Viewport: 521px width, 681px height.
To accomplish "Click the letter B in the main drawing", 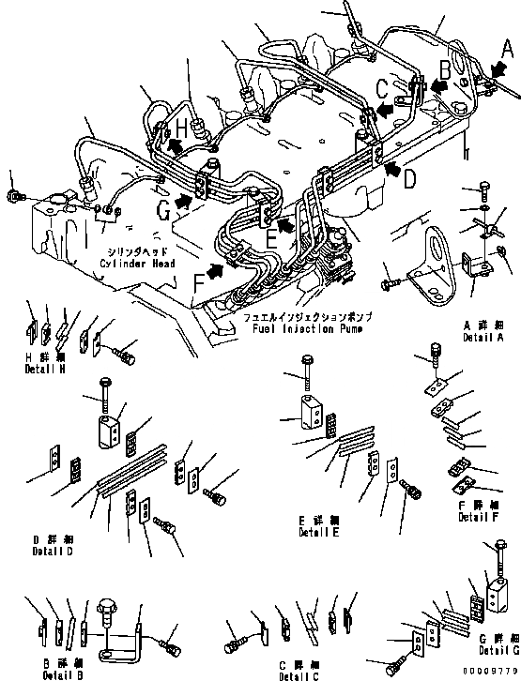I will click(447, 68).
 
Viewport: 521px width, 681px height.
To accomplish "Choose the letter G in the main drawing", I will click(164, 213).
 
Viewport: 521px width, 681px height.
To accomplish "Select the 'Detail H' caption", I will click(44, 370).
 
